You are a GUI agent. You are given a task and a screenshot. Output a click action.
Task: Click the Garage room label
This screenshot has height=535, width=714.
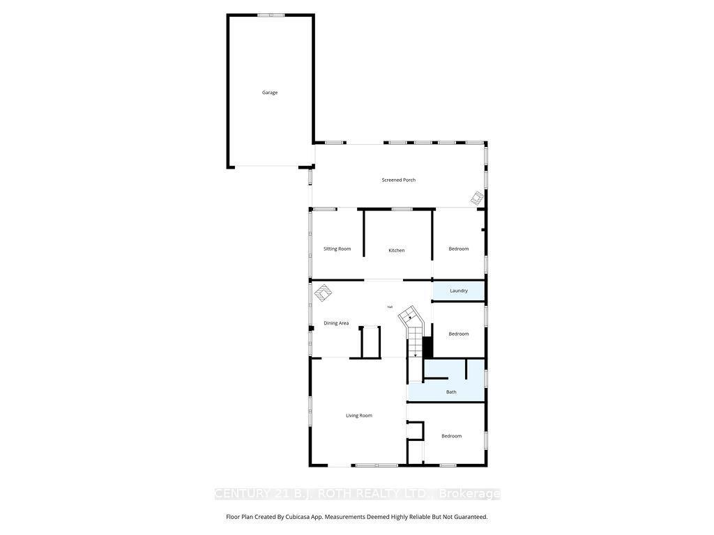tap(270, 93)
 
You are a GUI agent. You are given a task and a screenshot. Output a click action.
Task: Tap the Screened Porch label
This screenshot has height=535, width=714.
tap(399, 180)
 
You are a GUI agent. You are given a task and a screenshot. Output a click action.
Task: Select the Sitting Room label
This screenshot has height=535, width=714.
tap(337, 249)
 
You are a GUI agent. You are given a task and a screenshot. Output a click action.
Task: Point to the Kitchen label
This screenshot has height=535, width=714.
tap(397, 250)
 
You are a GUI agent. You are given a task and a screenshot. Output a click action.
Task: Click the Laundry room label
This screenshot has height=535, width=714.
tap(459, 290)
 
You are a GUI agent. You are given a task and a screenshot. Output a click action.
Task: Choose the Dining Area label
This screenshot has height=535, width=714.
tap(336, 323)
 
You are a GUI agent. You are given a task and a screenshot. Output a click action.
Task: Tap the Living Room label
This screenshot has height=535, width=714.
tap(359, 416)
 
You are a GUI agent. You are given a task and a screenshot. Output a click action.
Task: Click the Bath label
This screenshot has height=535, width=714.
tap(451, 392)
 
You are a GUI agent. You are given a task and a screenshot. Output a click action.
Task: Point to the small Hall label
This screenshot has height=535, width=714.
tap(390, 307)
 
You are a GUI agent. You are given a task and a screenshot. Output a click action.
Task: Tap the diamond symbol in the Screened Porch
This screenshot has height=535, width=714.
tap(476, 199)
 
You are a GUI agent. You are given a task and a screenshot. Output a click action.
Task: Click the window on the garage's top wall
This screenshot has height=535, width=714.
tap(271, 15)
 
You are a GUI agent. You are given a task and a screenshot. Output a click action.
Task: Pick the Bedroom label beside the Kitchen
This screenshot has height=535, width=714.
tap(459, 249)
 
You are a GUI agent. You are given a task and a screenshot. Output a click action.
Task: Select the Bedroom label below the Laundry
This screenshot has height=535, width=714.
tap(459, 334)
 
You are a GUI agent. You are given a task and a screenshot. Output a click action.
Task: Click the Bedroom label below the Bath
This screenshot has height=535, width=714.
tap(452, 436)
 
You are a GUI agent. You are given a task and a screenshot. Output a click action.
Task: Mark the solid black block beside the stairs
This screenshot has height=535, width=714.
tap(427, 347)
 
